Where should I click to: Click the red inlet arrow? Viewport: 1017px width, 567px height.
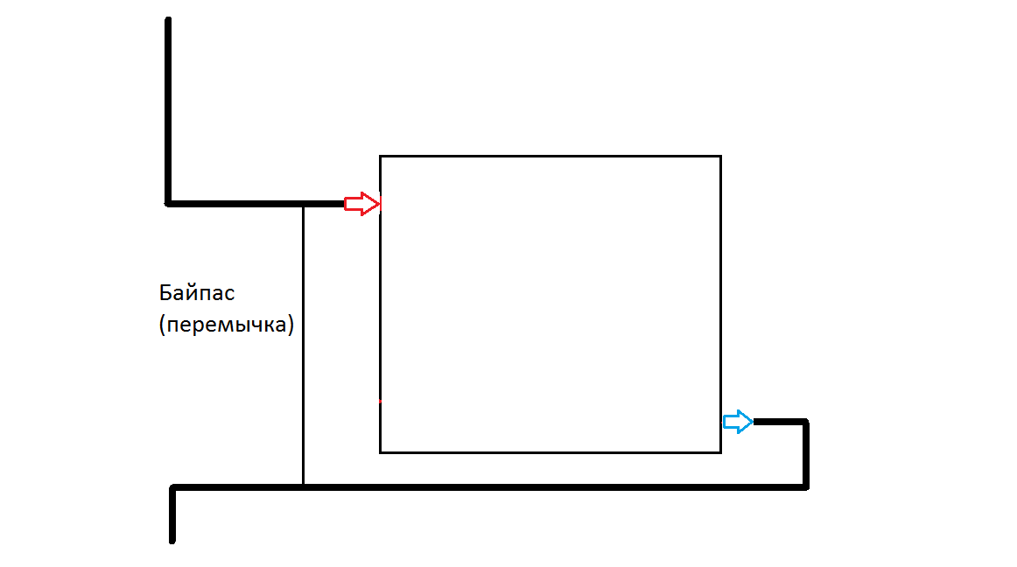[x=362, y=204]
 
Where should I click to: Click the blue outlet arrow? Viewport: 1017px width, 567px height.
[x=738, y=422]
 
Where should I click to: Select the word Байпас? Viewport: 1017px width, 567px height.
[x=197, y=292]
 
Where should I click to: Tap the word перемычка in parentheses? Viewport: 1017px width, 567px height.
[x=227, y=324]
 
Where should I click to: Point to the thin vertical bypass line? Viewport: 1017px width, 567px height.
[x=303, y=345]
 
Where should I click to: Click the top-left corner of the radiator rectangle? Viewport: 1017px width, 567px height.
[x=380, y=157]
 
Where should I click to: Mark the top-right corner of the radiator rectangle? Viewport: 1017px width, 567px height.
[x=720, y=157]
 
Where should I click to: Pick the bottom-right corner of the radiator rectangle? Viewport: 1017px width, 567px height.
[x=720, y=452]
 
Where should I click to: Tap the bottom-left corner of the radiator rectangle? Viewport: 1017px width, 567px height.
[x=380, y=452]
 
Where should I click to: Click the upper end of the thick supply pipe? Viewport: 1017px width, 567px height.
[x=168, y=19]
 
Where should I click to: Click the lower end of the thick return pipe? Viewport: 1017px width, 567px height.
[x=172, y=541]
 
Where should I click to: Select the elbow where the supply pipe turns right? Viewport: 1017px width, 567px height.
[x=168, y=204]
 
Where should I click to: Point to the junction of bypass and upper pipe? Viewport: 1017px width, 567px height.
[x=303, y=205]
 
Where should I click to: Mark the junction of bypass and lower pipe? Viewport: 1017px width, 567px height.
[x=303, y=486]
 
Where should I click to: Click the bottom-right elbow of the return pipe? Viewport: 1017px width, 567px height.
[x=806, y=486]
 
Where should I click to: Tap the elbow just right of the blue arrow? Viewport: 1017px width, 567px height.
[x=806, y=422]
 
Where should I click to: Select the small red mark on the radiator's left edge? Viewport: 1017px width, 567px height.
[x=380, y=402]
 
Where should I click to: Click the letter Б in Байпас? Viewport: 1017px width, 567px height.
[x=165, y=292]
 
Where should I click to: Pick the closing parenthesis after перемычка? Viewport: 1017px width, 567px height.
[x=291, y=325]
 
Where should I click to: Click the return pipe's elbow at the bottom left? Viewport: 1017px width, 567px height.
[x=172, y=487]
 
